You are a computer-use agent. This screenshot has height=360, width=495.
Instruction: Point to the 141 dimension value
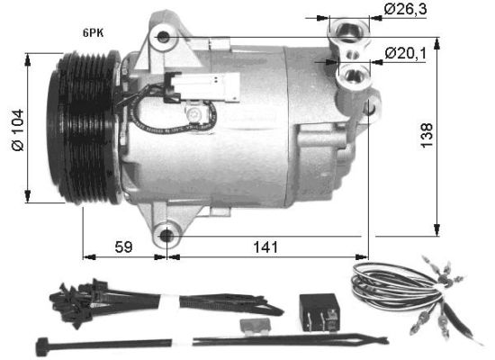point(265,246)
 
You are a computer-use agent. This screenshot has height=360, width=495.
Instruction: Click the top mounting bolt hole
point(162,38)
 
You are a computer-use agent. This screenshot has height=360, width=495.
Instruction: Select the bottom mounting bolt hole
point(166,236)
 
